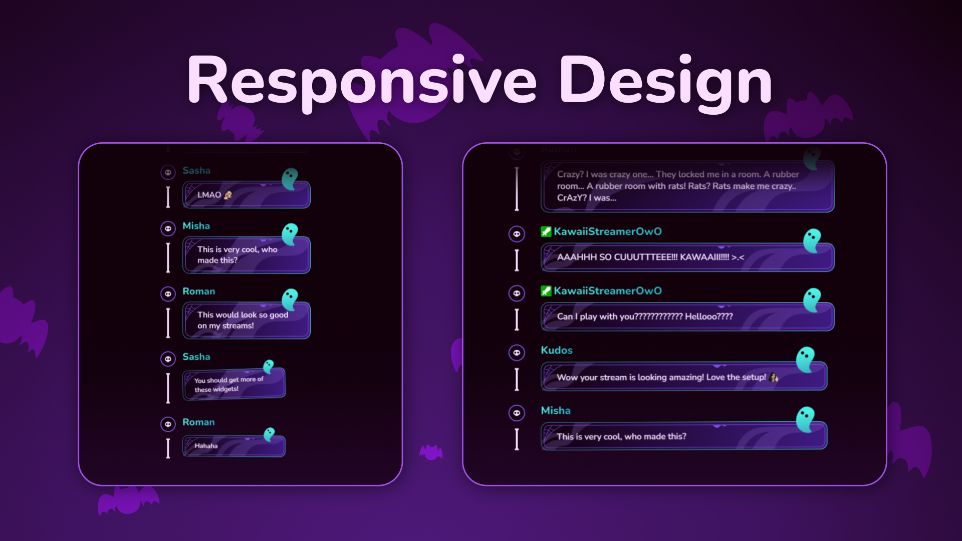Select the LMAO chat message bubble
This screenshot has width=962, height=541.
[x=246, y=195]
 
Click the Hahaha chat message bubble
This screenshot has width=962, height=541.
[x=233, y=446]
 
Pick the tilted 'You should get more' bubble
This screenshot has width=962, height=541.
[x=233, y=384]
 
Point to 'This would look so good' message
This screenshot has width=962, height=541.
[x=246, y=320]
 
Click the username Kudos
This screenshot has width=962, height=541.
[x=556, y=350]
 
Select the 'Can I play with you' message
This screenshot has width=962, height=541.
[x=687, y=317]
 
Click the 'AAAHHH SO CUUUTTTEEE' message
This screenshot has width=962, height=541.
[x=687, y=257]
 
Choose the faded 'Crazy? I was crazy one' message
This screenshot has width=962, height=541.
[x=687, y=186]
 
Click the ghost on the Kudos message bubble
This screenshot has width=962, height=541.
[x=806, y=359]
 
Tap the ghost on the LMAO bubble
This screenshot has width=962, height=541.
[x=290, y=178]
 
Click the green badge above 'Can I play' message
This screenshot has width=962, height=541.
[x=546, y=291]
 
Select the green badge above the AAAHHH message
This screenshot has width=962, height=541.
[x=546, y=231]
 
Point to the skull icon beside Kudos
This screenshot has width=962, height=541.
[x=517, y=353]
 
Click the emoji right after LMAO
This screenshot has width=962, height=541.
[x=228, y=195]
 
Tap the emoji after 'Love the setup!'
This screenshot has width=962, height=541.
[x=774, y=377]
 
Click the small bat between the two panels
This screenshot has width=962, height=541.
[x=431, y=452]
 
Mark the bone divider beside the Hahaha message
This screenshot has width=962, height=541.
[x=168, y=448]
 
